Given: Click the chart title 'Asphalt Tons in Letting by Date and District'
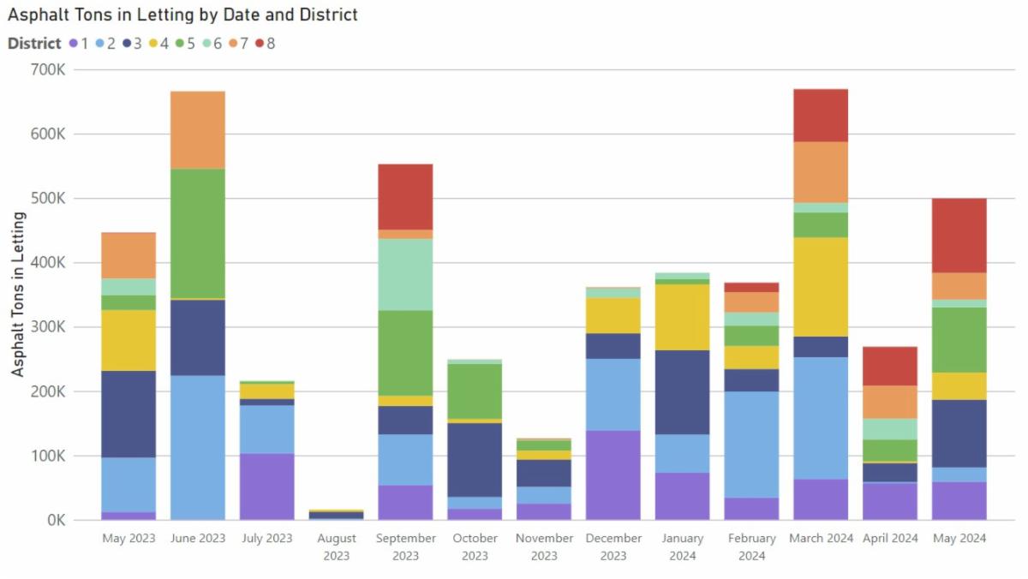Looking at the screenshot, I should [182, 15].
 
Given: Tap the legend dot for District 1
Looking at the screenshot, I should [74, 43].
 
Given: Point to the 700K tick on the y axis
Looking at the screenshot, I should [48, 70].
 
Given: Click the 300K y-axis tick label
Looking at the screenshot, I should [48, 327].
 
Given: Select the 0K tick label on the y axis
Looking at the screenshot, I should [53, 520].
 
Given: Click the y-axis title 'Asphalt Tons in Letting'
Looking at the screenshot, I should [18, 294].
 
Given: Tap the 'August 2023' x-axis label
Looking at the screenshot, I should [337, 546].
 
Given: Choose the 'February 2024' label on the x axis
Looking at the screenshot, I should [751, 546].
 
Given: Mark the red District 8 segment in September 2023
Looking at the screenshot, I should [405, 197].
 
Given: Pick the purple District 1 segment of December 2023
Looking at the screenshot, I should [613, 475].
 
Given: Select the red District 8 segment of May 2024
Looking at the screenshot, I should [959, 236].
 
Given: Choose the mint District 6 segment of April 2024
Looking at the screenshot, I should [890, 429].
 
